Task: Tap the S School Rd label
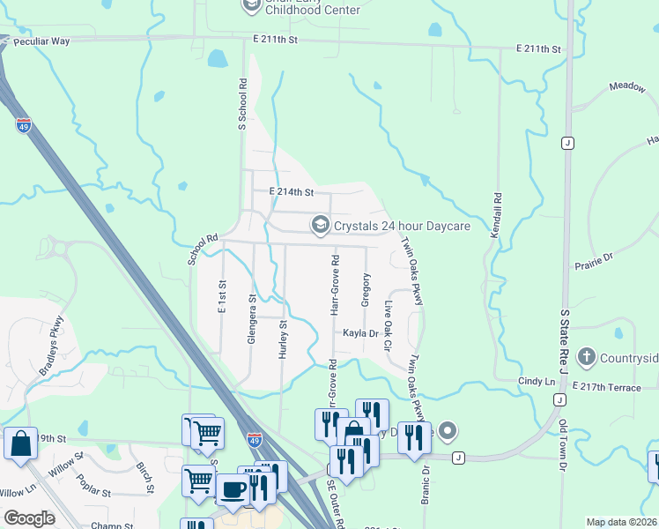[242, 104]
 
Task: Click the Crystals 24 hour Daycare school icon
[321, 226]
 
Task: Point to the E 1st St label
[222, 296]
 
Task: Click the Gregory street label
[366, 290]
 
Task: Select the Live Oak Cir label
[388, 326]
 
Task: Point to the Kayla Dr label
[360, 333]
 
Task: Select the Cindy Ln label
[537, 381]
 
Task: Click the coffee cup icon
[233, 490]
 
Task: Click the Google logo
[29, 518]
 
